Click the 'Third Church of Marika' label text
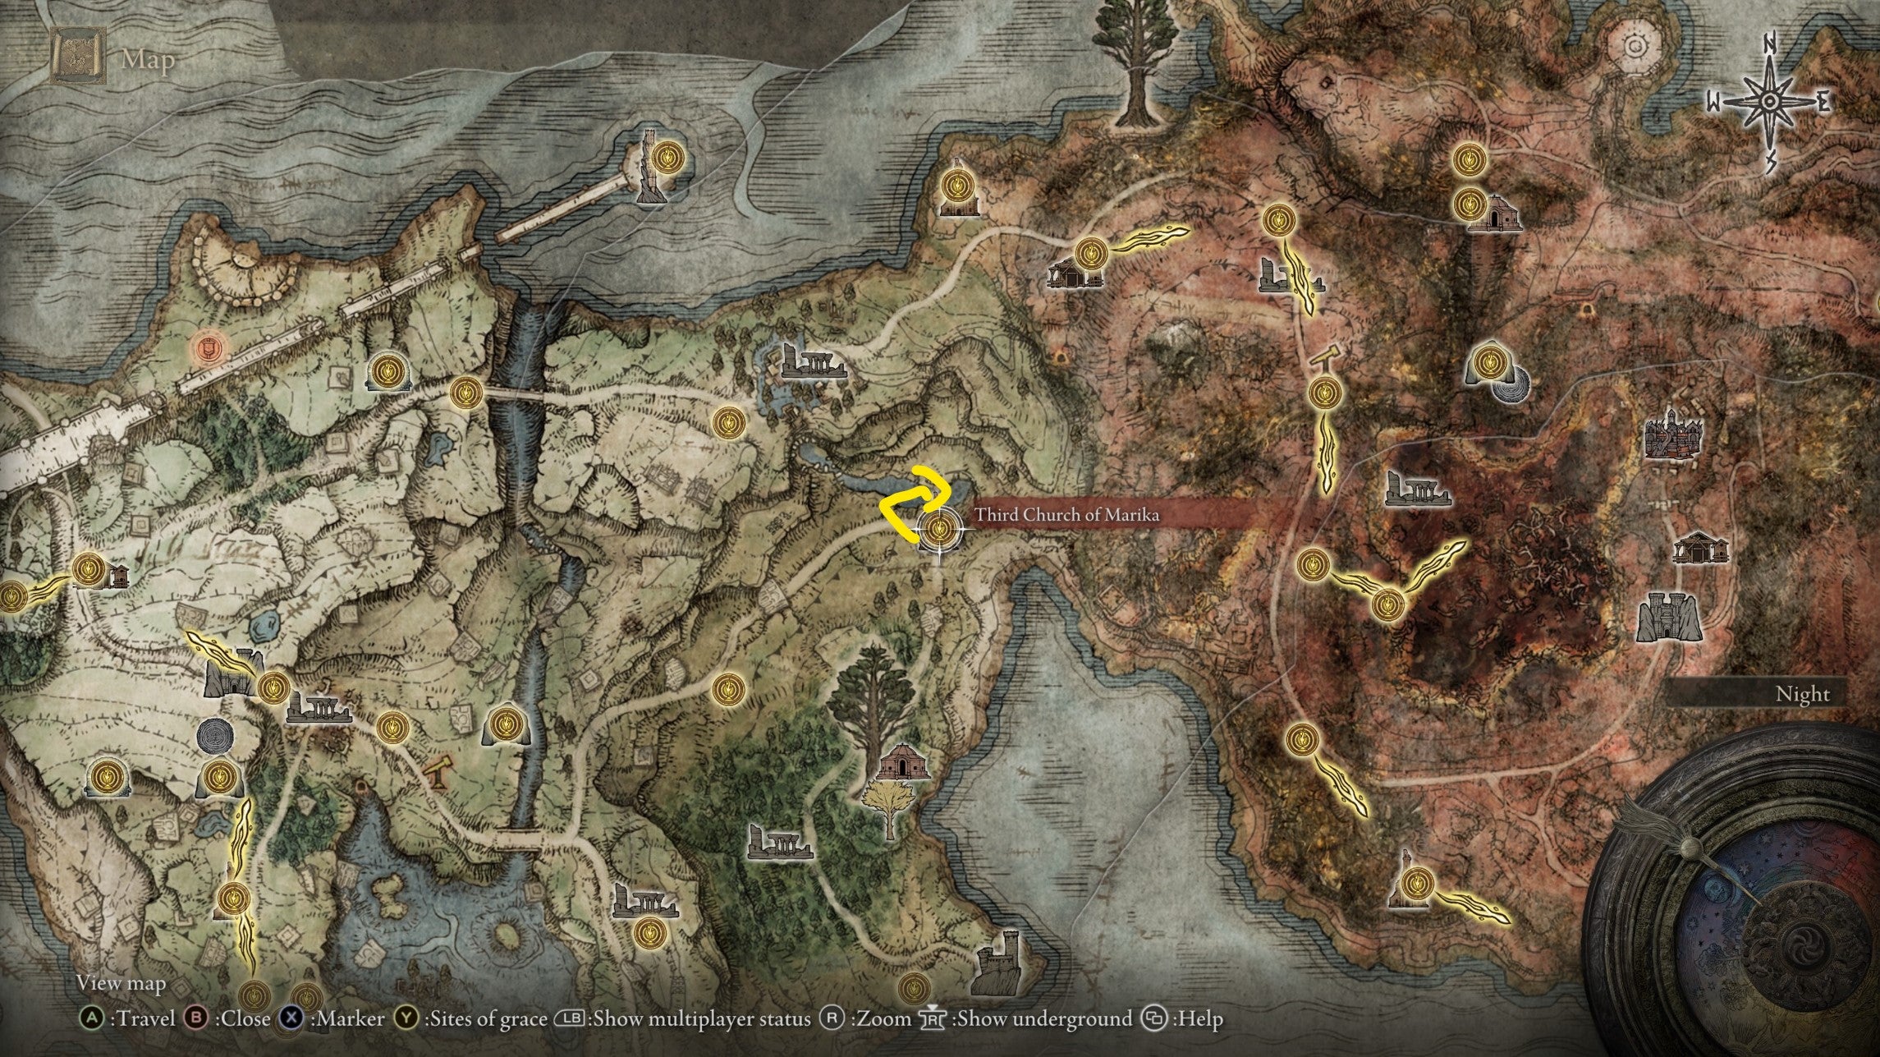1066,515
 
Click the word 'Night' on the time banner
1803,694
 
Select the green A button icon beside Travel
92,1019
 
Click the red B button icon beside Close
197,1019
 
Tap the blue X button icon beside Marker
291,1019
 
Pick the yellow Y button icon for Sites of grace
406,1019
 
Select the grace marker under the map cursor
941,529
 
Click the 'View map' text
121,982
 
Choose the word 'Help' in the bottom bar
1200,1019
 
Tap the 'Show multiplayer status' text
701,1019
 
